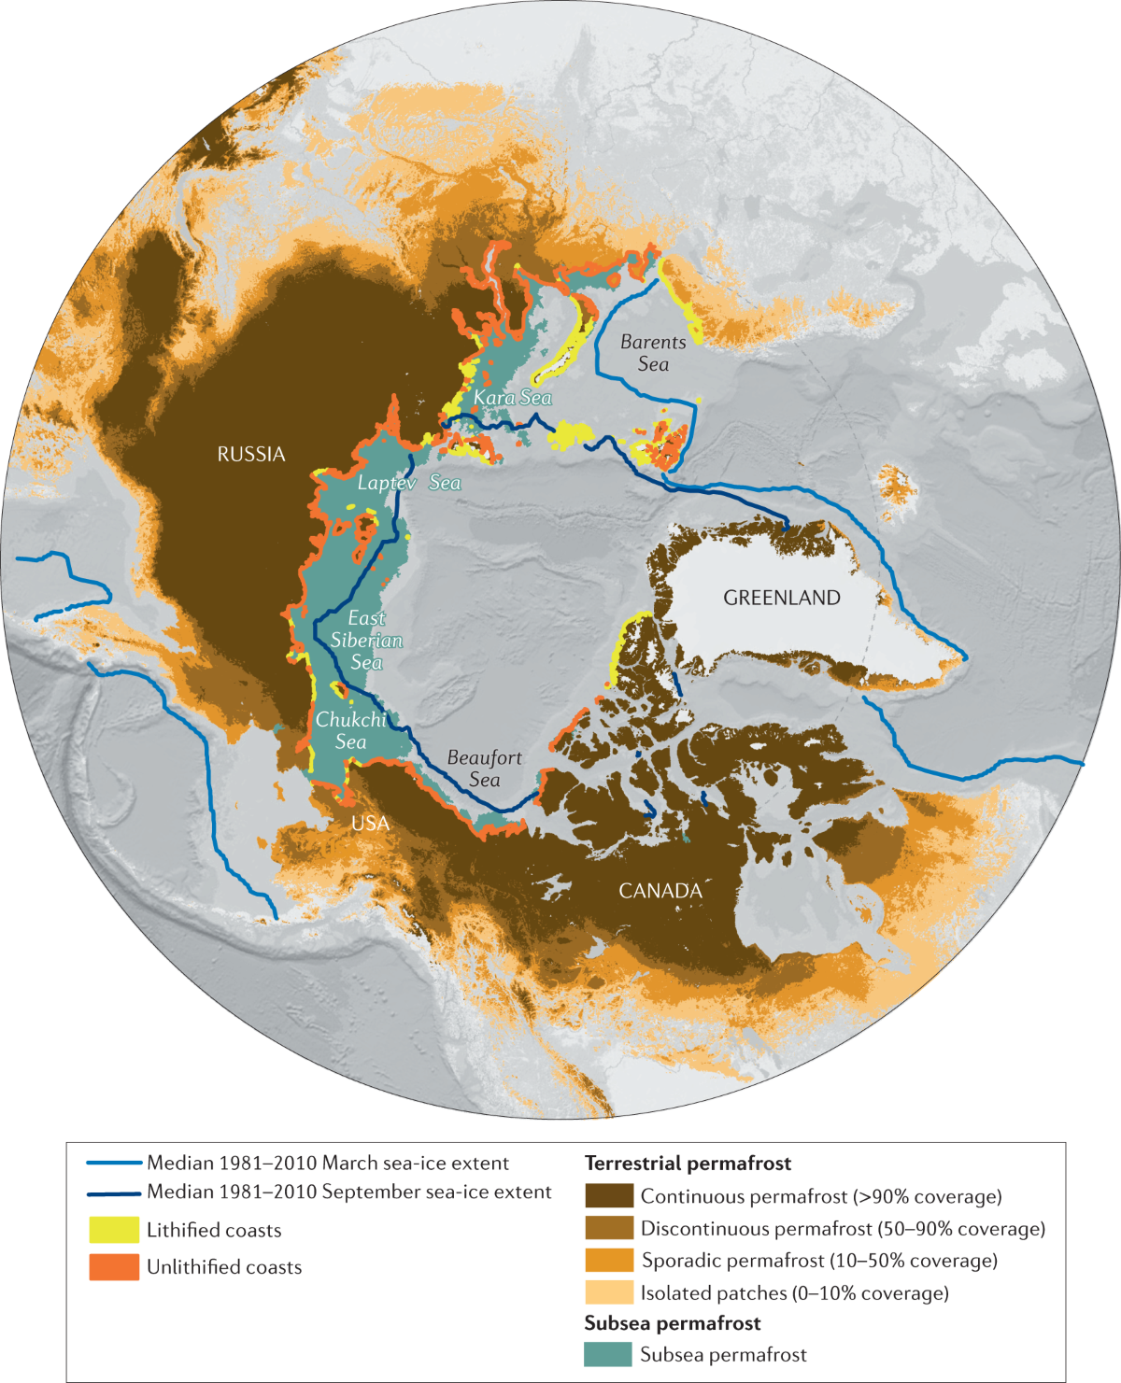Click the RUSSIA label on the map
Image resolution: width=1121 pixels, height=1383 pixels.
251,455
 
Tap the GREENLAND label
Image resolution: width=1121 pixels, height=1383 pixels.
782,598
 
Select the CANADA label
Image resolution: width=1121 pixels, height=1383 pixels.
660,891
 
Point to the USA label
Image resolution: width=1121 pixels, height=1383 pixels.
370,824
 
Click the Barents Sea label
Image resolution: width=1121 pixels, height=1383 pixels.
653,353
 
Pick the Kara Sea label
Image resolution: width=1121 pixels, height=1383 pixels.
512,398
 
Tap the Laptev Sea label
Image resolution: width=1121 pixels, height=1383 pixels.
409,483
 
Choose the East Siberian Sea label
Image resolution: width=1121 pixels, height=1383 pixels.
366,641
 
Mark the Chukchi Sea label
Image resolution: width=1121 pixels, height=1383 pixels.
350,730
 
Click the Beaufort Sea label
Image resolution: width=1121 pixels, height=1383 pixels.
484,769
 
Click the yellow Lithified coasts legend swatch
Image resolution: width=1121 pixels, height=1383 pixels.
114,1230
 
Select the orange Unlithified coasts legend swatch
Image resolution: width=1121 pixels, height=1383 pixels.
114,1267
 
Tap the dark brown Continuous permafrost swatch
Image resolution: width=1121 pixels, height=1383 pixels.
609,1196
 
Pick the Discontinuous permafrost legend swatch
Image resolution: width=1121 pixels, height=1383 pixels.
609,1228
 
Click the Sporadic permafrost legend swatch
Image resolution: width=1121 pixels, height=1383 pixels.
609,1261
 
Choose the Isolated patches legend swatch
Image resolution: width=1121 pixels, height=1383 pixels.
609,1292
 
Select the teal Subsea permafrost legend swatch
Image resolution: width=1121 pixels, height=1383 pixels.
609,1354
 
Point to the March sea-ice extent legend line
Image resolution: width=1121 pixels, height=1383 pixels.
114,1164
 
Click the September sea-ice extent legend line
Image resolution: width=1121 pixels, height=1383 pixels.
114,1192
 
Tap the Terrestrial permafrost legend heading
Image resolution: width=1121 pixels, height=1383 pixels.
688,1164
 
